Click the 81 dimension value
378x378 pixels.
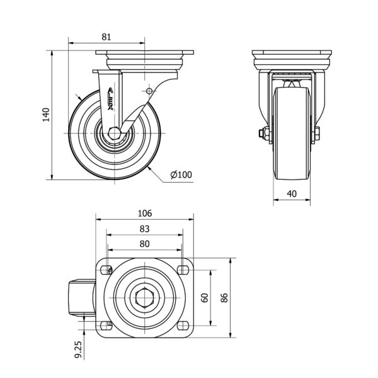click(x=106, y=37)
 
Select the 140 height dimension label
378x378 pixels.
click(x=46, y=115)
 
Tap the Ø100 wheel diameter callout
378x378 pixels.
click(x=181, y=175)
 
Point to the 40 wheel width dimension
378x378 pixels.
click(x=292, y=193)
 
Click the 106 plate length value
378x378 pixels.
click(x=145, y=214)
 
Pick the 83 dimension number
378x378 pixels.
click(x=145, y=229)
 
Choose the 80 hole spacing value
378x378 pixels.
click(x=145, y=244)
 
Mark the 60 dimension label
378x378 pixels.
click(x=205, y=298)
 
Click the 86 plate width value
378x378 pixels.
click(x=224, y=298)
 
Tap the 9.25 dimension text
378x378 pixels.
click(x=78, y=349)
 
